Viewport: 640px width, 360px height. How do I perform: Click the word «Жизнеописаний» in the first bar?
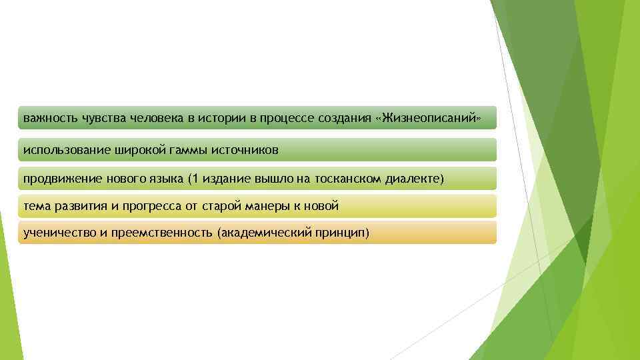(x=428, y=118)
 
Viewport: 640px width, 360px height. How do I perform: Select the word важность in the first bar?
(x=51, y=118)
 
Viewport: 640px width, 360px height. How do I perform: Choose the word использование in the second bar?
(x=63, y=150)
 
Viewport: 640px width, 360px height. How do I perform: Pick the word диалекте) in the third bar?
(x=415, y=179)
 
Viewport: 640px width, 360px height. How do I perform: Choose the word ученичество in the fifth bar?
(x=56, y=233)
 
